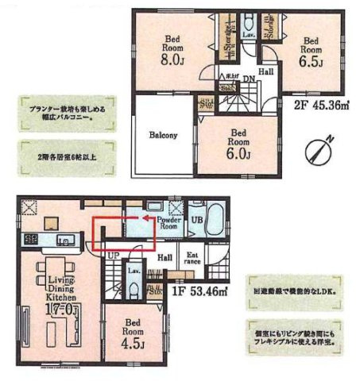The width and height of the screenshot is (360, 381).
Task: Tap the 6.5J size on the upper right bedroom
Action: coord(312,60)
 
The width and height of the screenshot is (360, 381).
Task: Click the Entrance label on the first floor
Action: coord(193,258)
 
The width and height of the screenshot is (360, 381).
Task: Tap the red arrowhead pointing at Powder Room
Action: coord(145,214)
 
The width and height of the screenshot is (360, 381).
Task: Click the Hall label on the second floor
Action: coord(266,72)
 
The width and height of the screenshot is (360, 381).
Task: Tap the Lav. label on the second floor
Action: coord(248,35)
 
